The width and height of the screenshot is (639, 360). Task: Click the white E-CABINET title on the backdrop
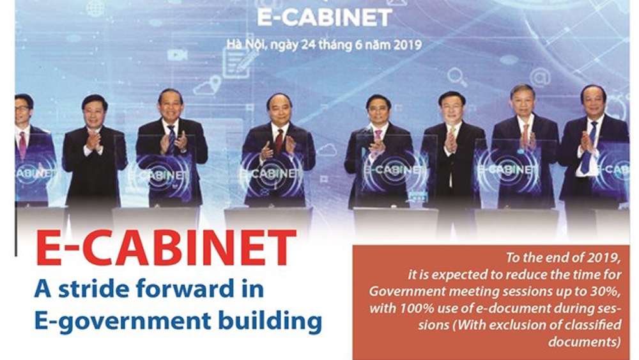(325, 18)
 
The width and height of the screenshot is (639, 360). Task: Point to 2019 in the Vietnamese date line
(407, 44)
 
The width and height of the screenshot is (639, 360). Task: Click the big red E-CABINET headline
(166, 248)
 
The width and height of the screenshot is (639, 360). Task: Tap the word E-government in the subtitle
(123, 320)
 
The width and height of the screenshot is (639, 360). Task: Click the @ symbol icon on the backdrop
(541, 77)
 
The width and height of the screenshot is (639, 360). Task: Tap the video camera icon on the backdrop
(178, 55)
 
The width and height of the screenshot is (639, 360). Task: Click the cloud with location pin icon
(208, 86)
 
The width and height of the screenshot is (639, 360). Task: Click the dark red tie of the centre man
(279, 141)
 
